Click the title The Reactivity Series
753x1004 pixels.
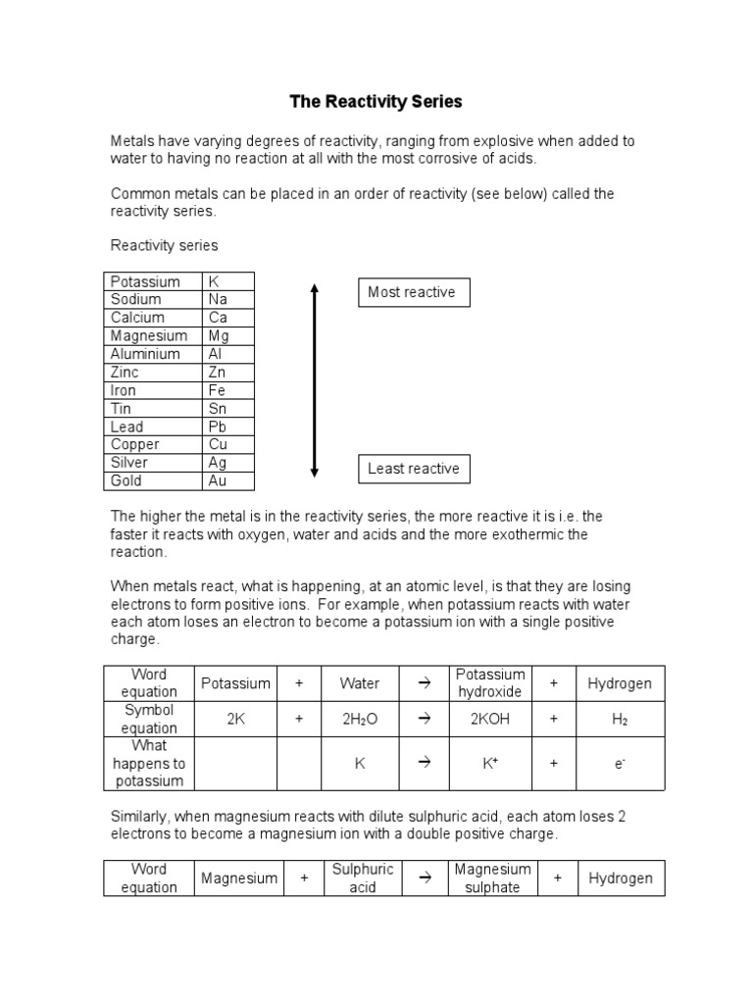pos(376,101)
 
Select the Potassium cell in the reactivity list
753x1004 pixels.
pos(153,281)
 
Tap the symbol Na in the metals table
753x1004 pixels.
pos(227,299)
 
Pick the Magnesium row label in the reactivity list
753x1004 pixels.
pos(153,335)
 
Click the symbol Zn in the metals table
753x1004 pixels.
pos(227,372)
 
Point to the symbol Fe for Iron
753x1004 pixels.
pos(227,390)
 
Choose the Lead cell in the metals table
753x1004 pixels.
pos(153,427)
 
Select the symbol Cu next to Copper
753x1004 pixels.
pos(227,444)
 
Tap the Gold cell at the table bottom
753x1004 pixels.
pos(153,480)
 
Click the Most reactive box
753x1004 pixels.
pos(413,292)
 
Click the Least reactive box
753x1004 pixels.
pos(413,469)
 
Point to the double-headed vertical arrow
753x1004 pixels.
pos(314,380)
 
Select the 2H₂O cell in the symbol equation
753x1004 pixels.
pos(360,719)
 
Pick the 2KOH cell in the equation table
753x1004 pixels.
pos(490,719)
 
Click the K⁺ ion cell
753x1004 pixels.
pos(490,763)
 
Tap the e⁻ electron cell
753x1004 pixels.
pos(620,763)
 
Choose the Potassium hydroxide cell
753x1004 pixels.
pos(490,682)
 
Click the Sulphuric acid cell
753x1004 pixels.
pos(363,878)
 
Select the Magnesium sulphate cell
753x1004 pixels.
pos(492,878)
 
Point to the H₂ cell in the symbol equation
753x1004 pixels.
pos(620,719)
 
